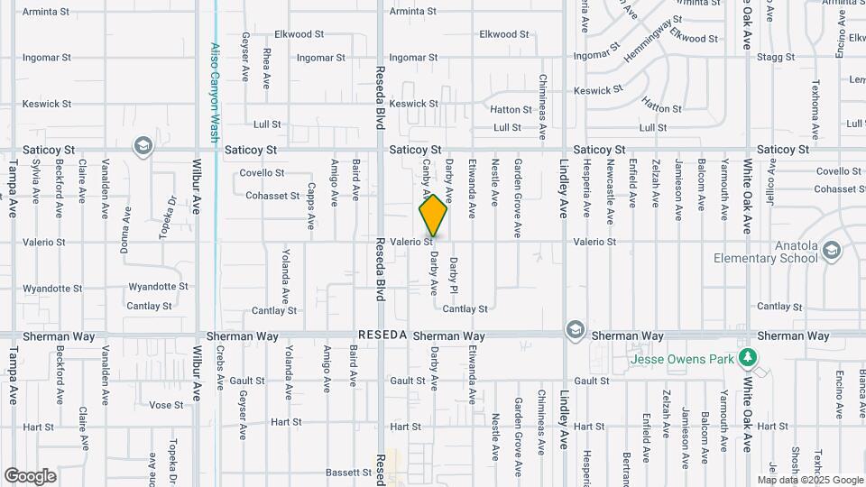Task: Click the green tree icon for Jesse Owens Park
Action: point(746,358)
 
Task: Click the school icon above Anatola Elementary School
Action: point(831,248)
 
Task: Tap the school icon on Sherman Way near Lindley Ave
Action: point(575,330)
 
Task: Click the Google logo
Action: point(30,476)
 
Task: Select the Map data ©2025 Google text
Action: point(816,480)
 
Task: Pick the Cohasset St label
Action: point(272,196)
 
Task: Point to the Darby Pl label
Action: point(454,273)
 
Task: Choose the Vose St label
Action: point(166,405)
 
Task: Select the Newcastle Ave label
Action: point(611,193)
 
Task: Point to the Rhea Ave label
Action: point(267,69)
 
